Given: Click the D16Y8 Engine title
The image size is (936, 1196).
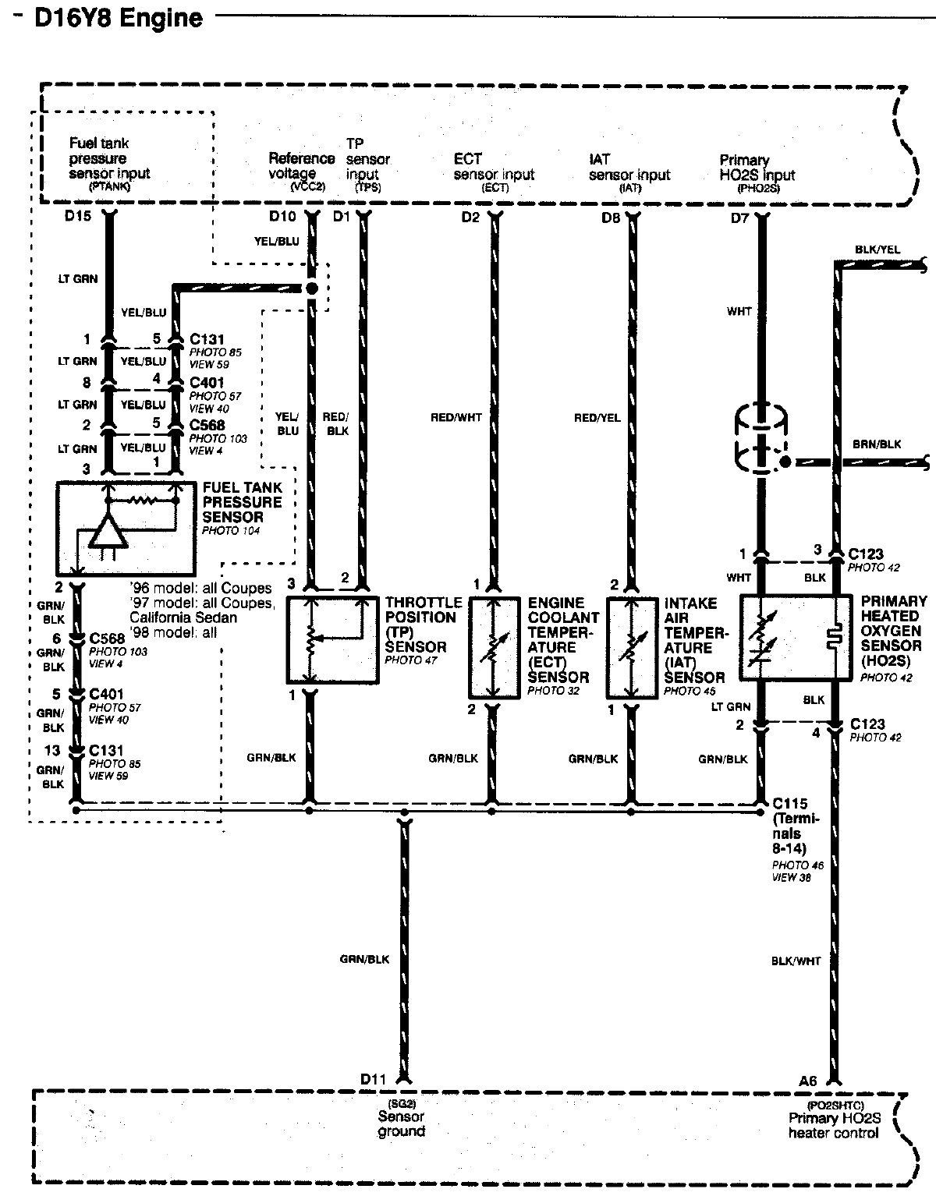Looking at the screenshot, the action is click(119, 18).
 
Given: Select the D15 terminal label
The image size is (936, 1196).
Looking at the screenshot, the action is click(78, 216).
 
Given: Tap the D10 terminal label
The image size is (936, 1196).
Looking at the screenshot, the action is click(282, 216).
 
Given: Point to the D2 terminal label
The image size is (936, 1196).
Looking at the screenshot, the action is click(470, 218).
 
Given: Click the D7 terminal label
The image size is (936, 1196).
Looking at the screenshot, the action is click(739, 218).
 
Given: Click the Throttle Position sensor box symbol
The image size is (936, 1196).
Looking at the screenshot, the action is click(332, 640).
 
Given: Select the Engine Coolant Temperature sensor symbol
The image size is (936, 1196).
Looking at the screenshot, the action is click(494, 648).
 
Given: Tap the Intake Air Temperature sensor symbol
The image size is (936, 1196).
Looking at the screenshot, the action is click(632, 648).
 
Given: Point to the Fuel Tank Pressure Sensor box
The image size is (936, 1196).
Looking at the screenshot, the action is click(126, 529).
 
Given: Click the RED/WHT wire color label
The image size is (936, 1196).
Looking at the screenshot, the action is click(456, 418).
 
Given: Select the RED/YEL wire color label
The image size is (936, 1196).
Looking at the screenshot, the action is click(597, 418).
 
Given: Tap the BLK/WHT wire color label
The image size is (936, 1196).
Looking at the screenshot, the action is click(796, 961).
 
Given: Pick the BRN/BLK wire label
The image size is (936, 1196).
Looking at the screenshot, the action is click(877, 444).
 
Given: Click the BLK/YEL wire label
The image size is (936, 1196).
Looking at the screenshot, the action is click(877, 249).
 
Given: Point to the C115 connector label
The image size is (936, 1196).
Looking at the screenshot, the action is click(790, 803).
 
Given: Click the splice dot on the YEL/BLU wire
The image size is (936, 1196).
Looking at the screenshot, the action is click(312, 288).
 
